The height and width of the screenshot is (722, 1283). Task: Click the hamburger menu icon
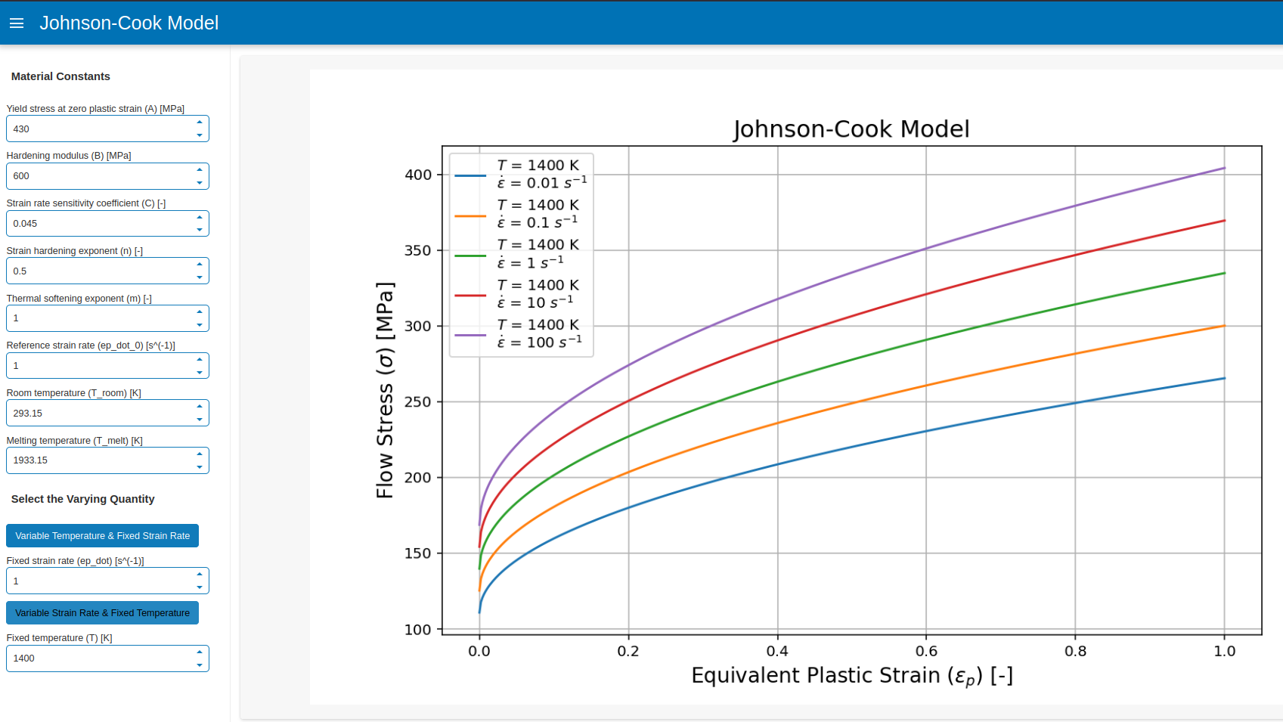[x=17, y=23]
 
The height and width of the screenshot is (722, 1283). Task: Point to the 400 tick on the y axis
[x=418, y=175]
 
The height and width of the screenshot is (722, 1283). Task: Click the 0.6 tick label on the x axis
[x=926, y=651]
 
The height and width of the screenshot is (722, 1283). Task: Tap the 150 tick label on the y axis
[x=418, y=553]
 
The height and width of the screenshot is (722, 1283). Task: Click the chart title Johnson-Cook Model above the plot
[x=851, y=129]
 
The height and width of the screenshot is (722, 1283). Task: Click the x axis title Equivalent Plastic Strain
[x=851, y=675]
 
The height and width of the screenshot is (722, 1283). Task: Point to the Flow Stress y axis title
[x=385, y=390]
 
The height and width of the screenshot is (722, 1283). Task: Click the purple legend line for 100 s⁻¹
[x=470, y=334]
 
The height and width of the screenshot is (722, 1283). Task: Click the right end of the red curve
[x=1224, y=221]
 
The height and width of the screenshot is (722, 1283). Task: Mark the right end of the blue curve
[x=1224, y=379]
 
